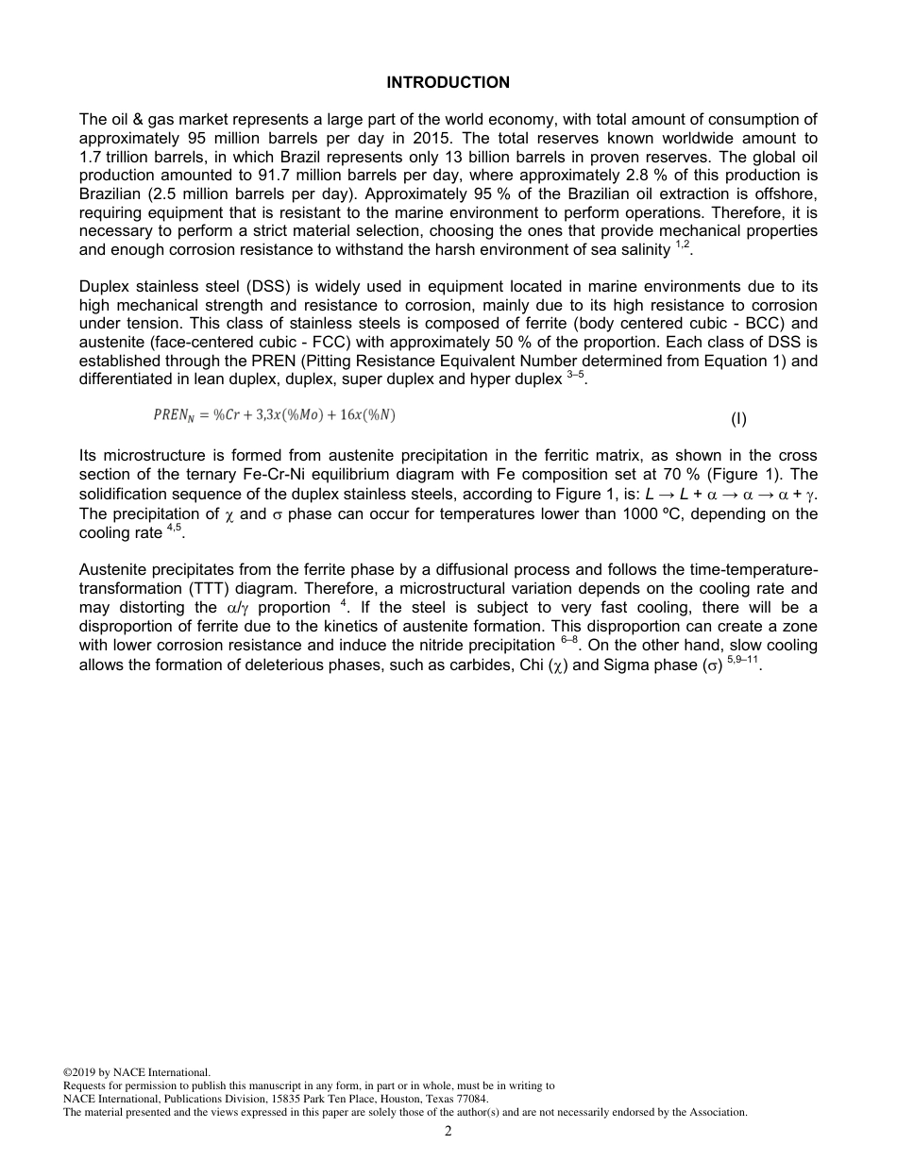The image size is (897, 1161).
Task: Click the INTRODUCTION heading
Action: pos(448,83)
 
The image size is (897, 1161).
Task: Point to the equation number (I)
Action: pos(738,418)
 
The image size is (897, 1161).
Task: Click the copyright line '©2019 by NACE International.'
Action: pos(136,1072)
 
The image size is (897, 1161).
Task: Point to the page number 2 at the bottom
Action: pos(448,1131)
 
